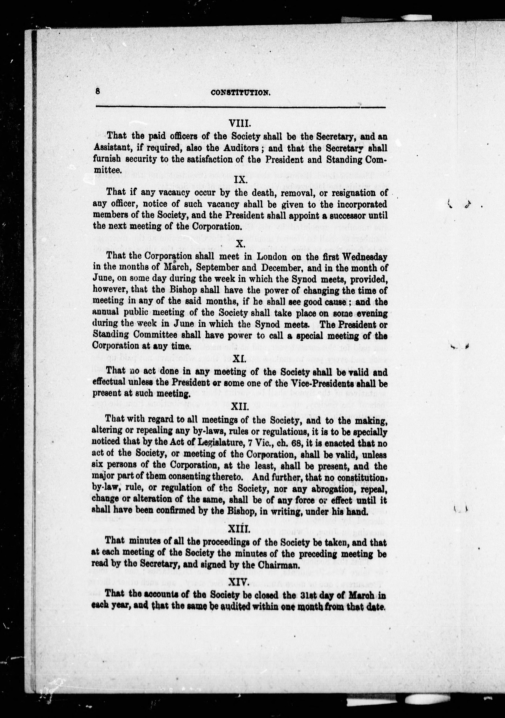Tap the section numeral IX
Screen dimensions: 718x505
[241, 180]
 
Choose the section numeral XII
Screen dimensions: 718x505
[240, 407]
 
